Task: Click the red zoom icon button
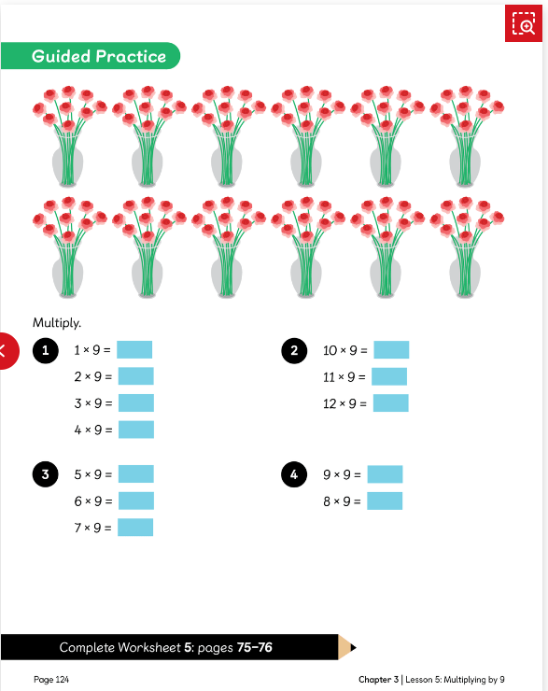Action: click(524, 23)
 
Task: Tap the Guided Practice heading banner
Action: click(91, 55)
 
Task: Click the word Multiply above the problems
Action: click(57, 322)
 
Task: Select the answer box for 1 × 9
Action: click(134, 350)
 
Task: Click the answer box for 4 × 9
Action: click(136, 430)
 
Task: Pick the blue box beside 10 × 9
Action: click(391, 350)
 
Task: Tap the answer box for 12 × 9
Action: click(391, 403)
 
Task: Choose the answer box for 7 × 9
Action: click(135, 528)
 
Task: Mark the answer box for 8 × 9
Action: click(385, 501)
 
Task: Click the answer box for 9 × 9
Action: click(385, 474)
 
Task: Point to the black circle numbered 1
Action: click(46, 351)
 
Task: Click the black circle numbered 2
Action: click(294, 351)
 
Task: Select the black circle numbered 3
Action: click(46, 474)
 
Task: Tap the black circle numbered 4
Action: click(294, 474)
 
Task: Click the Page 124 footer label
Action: click(51, 680)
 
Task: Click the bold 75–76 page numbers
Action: click(255, 647)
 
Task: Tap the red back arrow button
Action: click(7, 351)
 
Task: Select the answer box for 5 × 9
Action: click(136, 474)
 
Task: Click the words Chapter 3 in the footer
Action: click(378, 680)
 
